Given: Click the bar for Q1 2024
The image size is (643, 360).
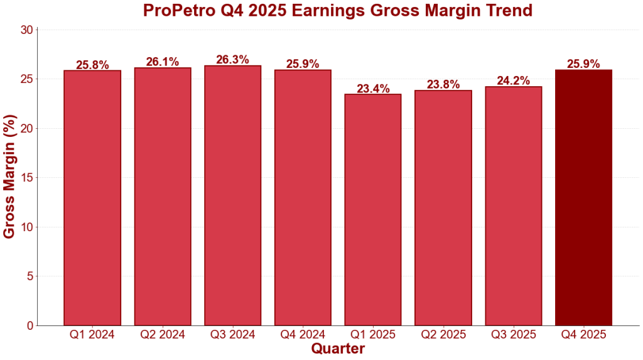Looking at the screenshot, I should (92, 198).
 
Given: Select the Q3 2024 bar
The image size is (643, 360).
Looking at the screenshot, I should (233, 195).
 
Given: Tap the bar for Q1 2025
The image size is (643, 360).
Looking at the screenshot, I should (373, 210).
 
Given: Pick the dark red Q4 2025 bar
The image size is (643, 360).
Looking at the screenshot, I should (583, 197).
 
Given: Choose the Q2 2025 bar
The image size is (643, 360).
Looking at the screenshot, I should (443, 208).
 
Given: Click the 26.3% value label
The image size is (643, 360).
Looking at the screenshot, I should (233, 60).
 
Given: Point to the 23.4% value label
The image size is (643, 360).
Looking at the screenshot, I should (373, 89).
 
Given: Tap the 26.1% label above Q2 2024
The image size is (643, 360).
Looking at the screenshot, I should (163, 62).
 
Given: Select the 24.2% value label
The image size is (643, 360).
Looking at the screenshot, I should (514, 80).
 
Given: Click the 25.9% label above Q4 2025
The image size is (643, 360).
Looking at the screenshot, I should (583, 63).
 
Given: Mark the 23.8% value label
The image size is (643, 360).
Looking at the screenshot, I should (443, 84).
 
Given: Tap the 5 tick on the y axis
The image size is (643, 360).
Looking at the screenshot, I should (30, 276).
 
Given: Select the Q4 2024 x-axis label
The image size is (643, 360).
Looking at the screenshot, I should (303, 334).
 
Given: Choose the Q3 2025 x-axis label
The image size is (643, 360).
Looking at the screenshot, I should (514, 334).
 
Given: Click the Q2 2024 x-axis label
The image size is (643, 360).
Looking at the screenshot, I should (163, 334).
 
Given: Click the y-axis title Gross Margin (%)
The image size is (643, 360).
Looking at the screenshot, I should (9, 177).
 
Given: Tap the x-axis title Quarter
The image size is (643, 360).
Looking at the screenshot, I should (338, 348).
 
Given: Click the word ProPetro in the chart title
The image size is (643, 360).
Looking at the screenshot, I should (176, 11).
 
